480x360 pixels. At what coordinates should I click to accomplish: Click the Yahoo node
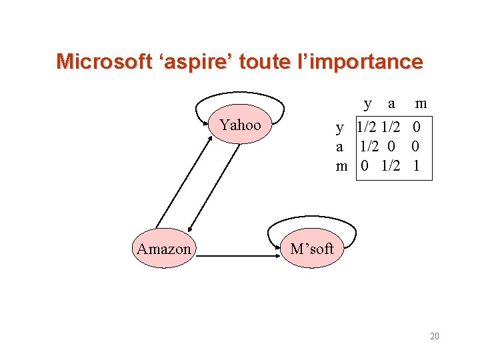240,125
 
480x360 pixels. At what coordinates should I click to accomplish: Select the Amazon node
163,249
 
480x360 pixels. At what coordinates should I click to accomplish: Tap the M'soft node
311,249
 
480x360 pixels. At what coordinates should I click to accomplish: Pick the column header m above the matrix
421,103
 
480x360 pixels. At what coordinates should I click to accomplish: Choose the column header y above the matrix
368,103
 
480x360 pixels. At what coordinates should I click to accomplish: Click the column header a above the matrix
391,103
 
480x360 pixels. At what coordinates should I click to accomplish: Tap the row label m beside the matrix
342,166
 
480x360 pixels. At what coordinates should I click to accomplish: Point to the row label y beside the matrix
340,127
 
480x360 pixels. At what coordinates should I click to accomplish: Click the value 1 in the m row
416,166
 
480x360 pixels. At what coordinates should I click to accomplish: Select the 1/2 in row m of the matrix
391,166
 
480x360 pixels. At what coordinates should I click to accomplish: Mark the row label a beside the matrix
340,146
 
